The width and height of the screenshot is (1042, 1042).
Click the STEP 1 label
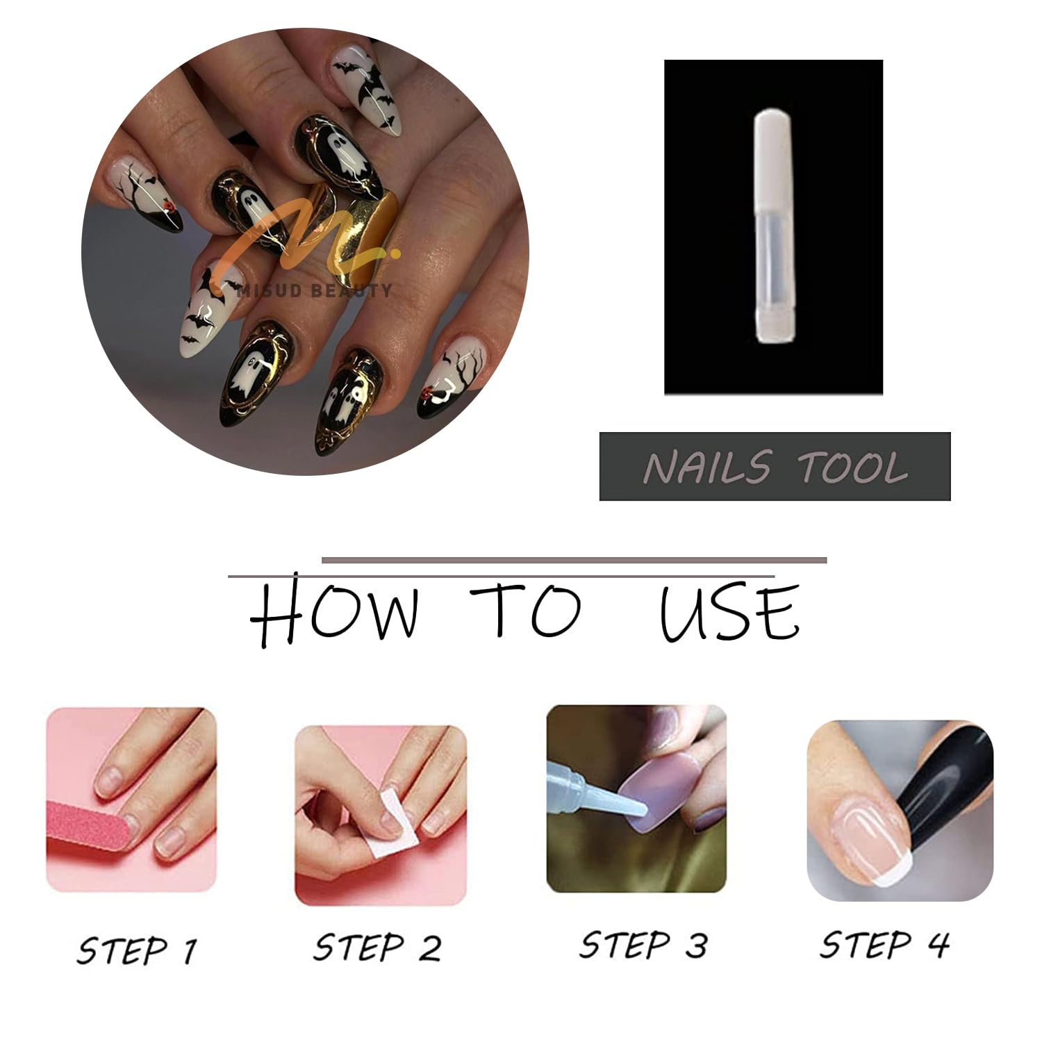tap(137, 950)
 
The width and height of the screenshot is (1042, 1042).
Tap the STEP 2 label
tap(377, 947)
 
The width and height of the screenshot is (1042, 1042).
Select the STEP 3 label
tap(643, 945)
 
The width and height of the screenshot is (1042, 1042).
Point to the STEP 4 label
tap(884, 944)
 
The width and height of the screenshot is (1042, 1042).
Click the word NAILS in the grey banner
tap(707, 466)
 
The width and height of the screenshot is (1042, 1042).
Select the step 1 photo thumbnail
tap(131, 800)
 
